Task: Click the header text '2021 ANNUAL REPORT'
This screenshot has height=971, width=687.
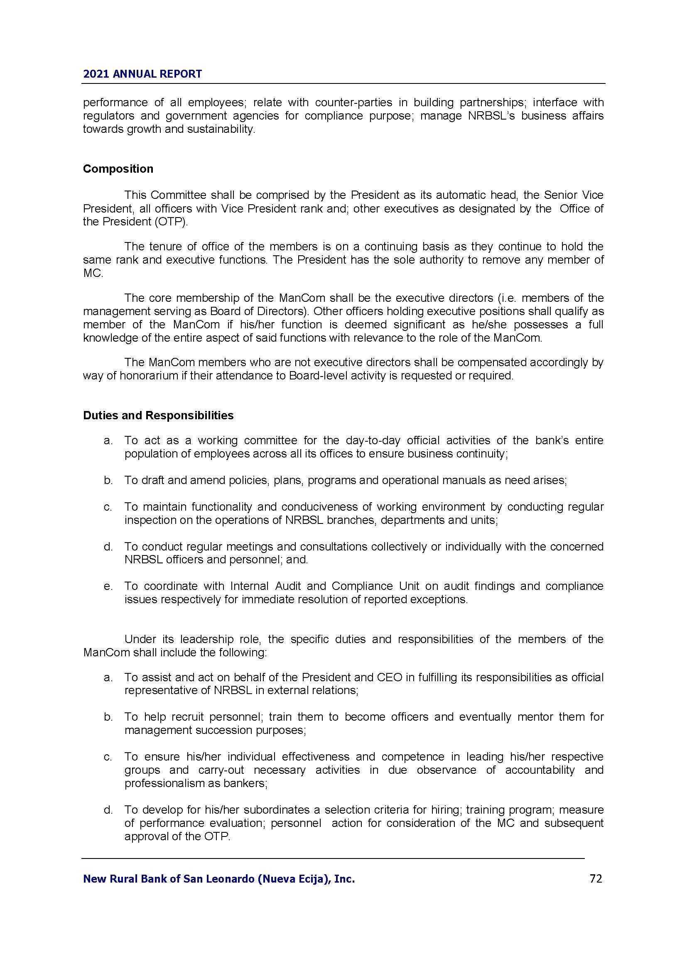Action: point(142,74)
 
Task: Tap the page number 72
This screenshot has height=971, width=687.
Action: point(596,879)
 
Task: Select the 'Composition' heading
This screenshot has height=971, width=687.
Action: point(118,169)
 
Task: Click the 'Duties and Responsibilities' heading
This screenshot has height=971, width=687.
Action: point(158,415)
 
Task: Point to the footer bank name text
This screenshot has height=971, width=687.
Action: point(219,879)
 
